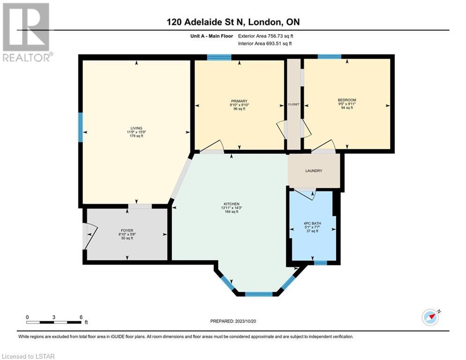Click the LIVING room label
pos(136,128)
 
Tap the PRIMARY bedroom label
pos(239,101)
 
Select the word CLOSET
pos(294,105)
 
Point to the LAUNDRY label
pos(314,171)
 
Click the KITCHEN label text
pos(231,204)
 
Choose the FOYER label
pos(127,231)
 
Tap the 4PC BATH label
pos(312,224)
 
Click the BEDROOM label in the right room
pos(347,100)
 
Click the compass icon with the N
pos(430,317)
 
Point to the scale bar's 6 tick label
pos(81,317)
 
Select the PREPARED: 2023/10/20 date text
pos(233,321)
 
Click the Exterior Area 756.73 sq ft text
pos(266,36)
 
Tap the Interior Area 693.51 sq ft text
pos(265,44)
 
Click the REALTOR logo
pos(26,32)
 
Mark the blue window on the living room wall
pos(81,127)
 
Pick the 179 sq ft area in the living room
pos(136,136)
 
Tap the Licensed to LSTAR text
pos(28,356)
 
